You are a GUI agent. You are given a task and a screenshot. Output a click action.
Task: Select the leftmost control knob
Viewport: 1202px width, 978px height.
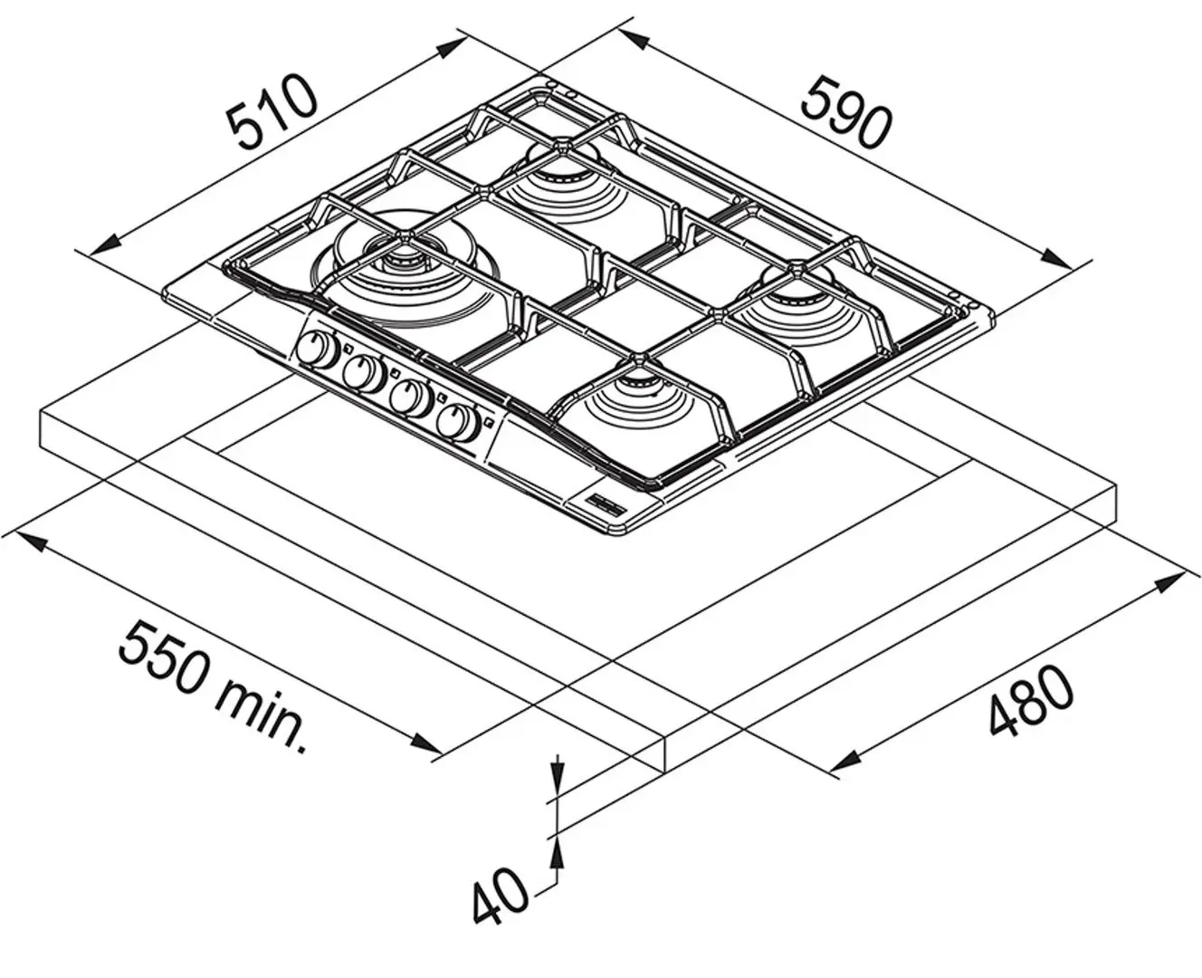317,350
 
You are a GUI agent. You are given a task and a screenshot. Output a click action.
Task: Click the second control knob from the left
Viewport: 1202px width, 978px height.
364,374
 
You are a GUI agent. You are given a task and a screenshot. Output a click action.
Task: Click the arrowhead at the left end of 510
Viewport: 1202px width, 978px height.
104,245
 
